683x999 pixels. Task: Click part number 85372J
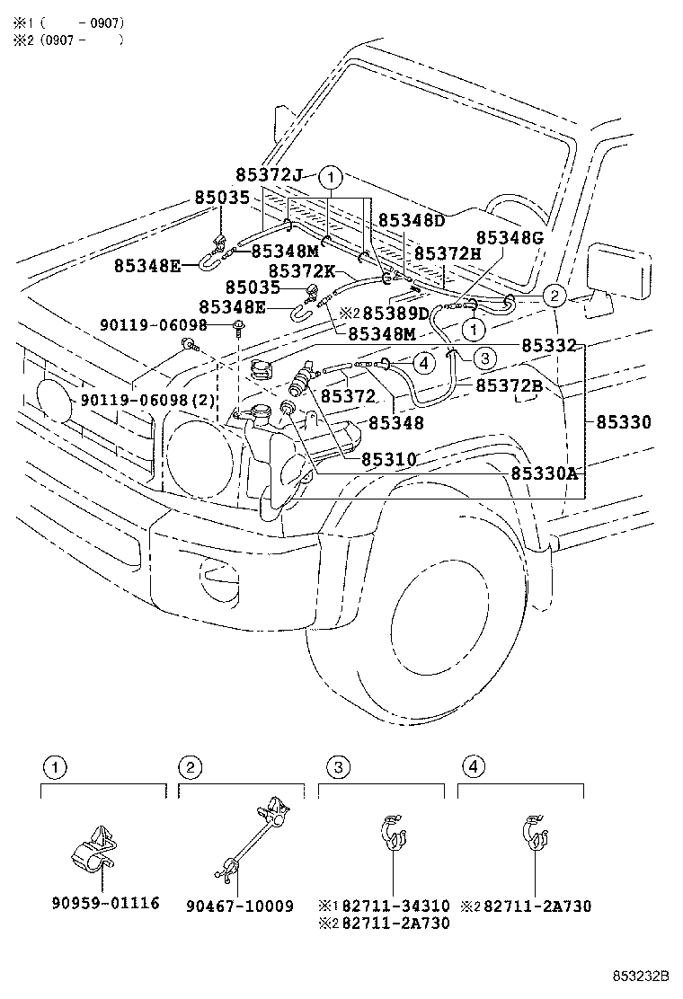click(x=271, y=175)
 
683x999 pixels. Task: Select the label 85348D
click(x=411, y=220)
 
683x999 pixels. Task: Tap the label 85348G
click(x=510, y=237)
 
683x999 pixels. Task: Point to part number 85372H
click(x=448, y=254)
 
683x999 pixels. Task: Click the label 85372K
click(x=301, y=270)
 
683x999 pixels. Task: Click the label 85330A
click(x=544, y=473)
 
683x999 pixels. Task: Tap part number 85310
click(x=389, y=459)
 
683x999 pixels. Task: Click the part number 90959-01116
click(x=104, y=902)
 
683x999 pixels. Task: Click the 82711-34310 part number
click(x=396, y=906)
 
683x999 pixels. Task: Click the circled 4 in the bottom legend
click(x=474, y=766)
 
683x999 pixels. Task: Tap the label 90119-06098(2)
click(x=148, y=399)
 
